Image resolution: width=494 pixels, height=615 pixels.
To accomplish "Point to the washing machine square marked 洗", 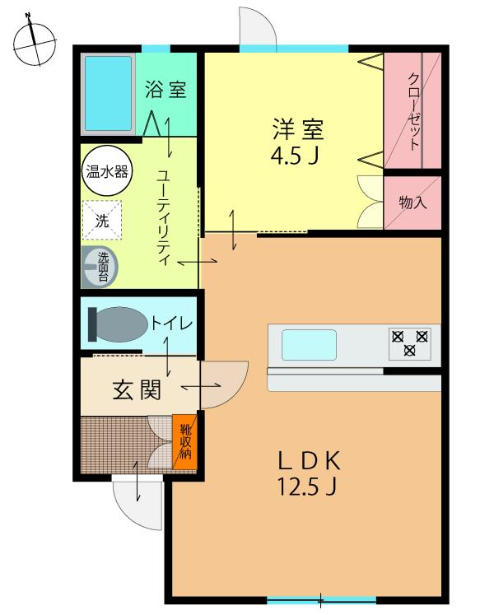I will [102, 220].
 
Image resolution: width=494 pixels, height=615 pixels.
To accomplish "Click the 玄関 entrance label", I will [136, 389].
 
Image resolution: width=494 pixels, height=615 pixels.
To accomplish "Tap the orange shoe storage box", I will [185, 441].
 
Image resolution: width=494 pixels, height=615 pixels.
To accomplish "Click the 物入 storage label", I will [412, 202].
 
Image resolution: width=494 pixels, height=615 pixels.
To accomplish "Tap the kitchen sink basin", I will [309, 344].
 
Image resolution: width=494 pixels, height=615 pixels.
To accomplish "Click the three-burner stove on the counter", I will [409, 342].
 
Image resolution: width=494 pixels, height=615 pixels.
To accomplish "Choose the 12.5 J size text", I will [306, 487].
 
